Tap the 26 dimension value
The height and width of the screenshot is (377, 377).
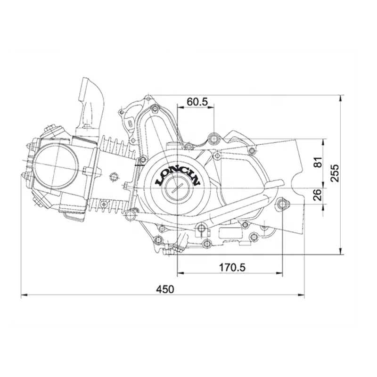tap(317, 195)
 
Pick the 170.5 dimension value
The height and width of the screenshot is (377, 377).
tap(232, 267)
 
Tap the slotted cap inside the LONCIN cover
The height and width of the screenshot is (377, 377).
tap(177, 188)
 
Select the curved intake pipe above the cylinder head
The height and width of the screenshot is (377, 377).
tap(90, 101)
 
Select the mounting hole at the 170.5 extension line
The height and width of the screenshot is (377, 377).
tap(283, 204)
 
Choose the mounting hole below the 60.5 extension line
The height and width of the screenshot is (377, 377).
tap(213, 139)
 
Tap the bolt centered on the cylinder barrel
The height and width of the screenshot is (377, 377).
tap(113, 177)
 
